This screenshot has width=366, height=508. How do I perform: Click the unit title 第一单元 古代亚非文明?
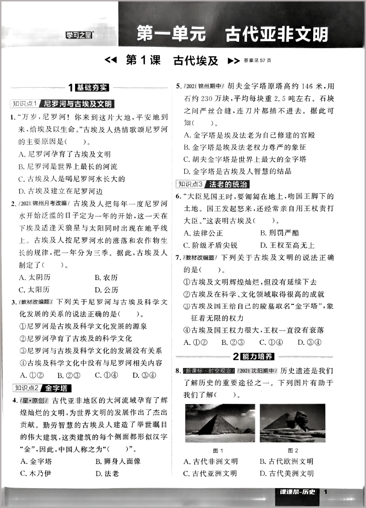point(232,34)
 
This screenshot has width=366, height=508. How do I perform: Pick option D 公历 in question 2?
point(107,290)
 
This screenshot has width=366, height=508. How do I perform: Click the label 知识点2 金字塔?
point(42,387)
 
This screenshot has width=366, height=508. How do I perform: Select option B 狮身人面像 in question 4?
point(118,461)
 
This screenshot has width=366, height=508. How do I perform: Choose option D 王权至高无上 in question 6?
point(287,245)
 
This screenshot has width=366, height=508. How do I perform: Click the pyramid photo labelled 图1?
point(220,423)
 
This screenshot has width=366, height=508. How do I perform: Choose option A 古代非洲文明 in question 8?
point(211,461)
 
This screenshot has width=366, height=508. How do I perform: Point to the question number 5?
point(178,86)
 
